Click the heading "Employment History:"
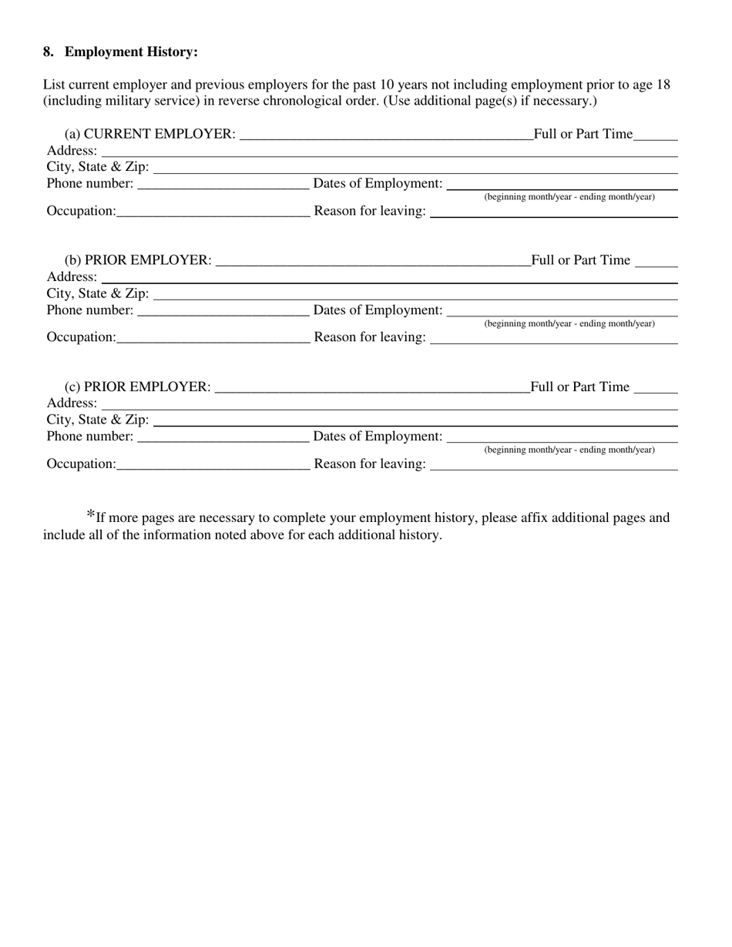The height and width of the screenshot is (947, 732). coord(131,52)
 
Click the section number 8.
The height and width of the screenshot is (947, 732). coord(48,52)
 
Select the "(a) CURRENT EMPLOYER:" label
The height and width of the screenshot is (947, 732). coord(150,134)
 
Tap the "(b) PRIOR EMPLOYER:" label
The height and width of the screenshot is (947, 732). coord(138,260)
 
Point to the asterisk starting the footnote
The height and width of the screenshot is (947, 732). coord(91,515)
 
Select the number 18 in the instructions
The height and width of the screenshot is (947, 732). coord(663,85)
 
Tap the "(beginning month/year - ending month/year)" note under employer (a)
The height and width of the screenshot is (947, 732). coord(569,197)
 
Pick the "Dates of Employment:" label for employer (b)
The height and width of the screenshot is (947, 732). coord(378,310)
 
